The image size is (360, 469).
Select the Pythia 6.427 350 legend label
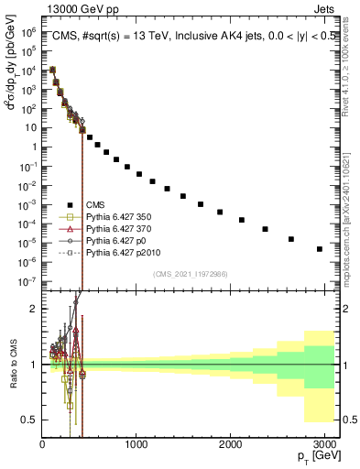(115, 217)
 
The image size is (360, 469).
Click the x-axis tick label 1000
(136, 444)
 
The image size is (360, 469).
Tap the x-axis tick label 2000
(231, 444)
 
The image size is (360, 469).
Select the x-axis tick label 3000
(324, 444)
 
